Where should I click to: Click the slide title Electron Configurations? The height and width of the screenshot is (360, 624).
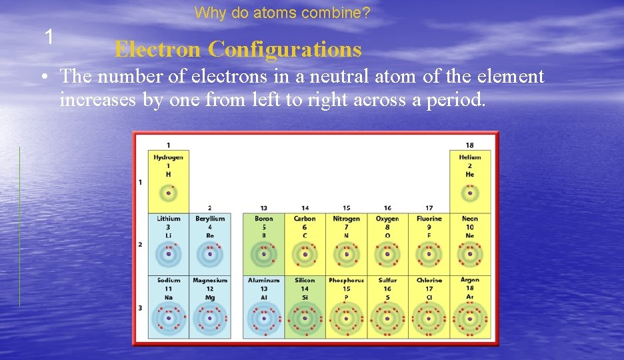(x=237, y=49)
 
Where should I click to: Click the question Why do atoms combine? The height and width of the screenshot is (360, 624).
(x=283, y=13)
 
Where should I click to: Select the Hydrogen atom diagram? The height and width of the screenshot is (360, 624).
(x=169, y=193)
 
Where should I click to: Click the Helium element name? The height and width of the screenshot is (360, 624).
(x=470, y=157)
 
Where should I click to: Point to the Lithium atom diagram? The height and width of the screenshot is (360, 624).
(x=169, y=254)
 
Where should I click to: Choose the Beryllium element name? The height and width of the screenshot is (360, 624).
(x=210, y=219)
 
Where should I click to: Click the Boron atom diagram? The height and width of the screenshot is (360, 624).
(x=264, y=254)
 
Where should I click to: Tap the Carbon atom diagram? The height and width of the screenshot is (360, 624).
(x=305, y=254)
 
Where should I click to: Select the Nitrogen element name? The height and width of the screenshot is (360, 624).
(x=346, y=219)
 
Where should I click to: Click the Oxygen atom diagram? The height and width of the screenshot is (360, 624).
(x=387, y=254)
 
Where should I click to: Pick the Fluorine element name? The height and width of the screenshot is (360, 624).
(x=429, y=219)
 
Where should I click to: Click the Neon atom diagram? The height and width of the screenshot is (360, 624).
(x=470, y=254)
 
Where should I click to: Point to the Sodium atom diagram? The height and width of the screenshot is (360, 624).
(x=169, y=318)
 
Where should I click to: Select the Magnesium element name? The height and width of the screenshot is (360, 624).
(x=210, y=281)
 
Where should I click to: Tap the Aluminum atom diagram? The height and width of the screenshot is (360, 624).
(x=264, y=318)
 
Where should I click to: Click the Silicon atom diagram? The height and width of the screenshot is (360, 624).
(x=305, y=318)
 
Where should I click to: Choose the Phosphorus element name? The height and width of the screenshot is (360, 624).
(x=346, y=281)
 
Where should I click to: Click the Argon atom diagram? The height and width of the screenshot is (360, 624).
(x=470, y=318)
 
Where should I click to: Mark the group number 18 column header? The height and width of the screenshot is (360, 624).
(x=470, y=145)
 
